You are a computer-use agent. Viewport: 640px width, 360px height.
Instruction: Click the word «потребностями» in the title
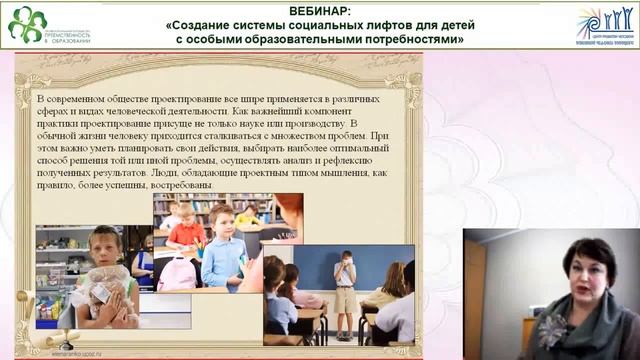[412, 40]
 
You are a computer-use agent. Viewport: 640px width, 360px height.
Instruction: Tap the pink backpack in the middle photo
[178, 271]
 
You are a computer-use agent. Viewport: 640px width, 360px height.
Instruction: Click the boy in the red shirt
[187, 229]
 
